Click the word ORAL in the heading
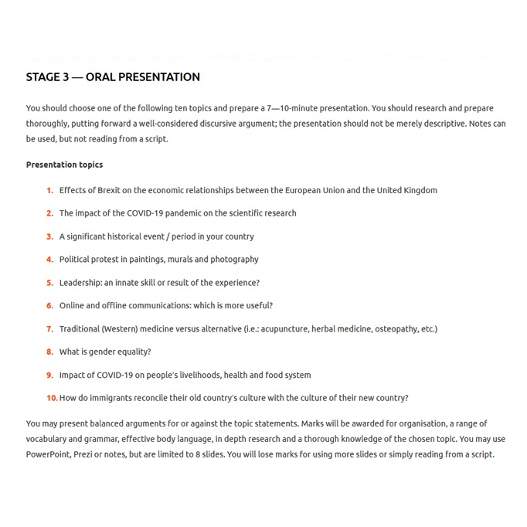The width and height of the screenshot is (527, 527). (101, 77)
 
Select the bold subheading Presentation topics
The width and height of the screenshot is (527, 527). (64, 165)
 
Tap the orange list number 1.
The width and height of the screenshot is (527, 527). (49, 190)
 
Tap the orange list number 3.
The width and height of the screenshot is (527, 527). (49, 236)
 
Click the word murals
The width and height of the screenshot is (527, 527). (172, 260)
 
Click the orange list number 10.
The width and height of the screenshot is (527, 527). (52, 399)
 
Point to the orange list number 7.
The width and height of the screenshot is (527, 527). (49, 329)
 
